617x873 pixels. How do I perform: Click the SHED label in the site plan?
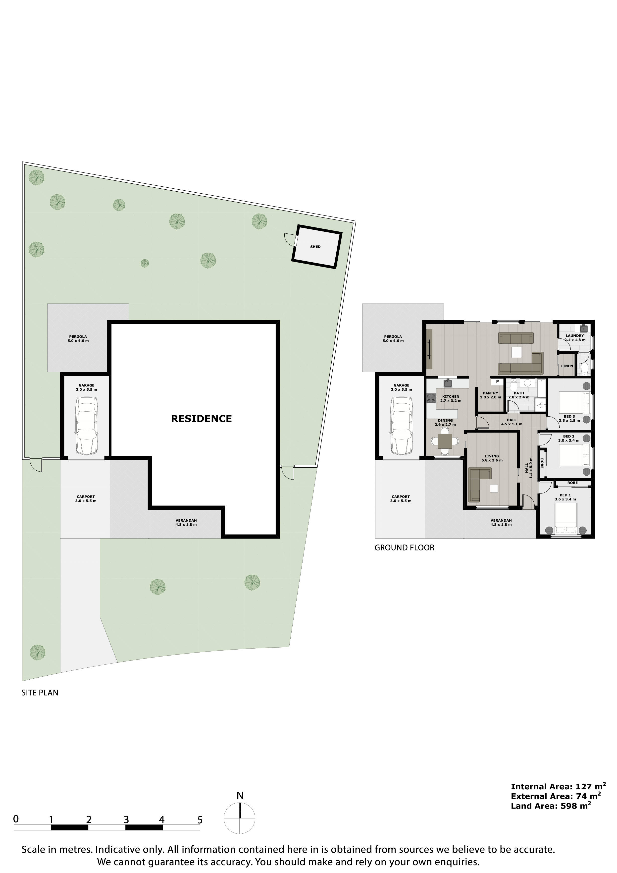point(315,247)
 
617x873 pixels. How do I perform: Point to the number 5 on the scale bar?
point(200,820)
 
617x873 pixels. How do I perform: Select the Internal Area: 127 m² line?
point(558,786)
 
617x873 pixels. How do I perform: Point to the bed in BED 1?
point(566,517)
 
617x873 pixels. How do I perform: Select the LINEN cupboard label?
point(567,366)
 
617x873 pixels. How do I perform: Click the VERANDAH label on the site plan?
point(186,522)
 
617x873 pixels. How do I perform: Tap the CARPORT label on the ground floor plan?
point(401,498)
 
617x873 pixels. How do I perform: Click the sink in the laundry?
point(584,329)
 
